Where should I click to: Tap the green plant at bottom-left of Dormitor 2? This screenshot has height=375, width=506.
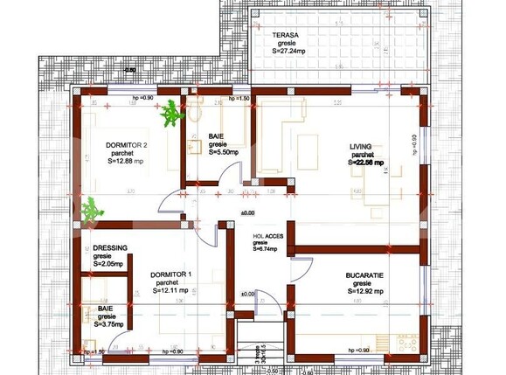pyautogui.click(x=90, y=209)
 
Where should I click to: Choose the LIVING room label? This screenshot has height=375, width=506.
pyautogui.click(x=361, y=145)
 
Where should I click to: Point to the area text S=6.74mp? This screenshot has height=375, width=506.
pyautogui.click(x=264, y=249)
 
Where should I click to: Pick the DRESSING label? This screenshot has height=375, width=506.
pyautogui.click(x=111, y=248)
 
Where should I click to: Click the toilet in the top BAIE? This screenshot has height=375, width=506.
pyautogui.click(x=197, y=111)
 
